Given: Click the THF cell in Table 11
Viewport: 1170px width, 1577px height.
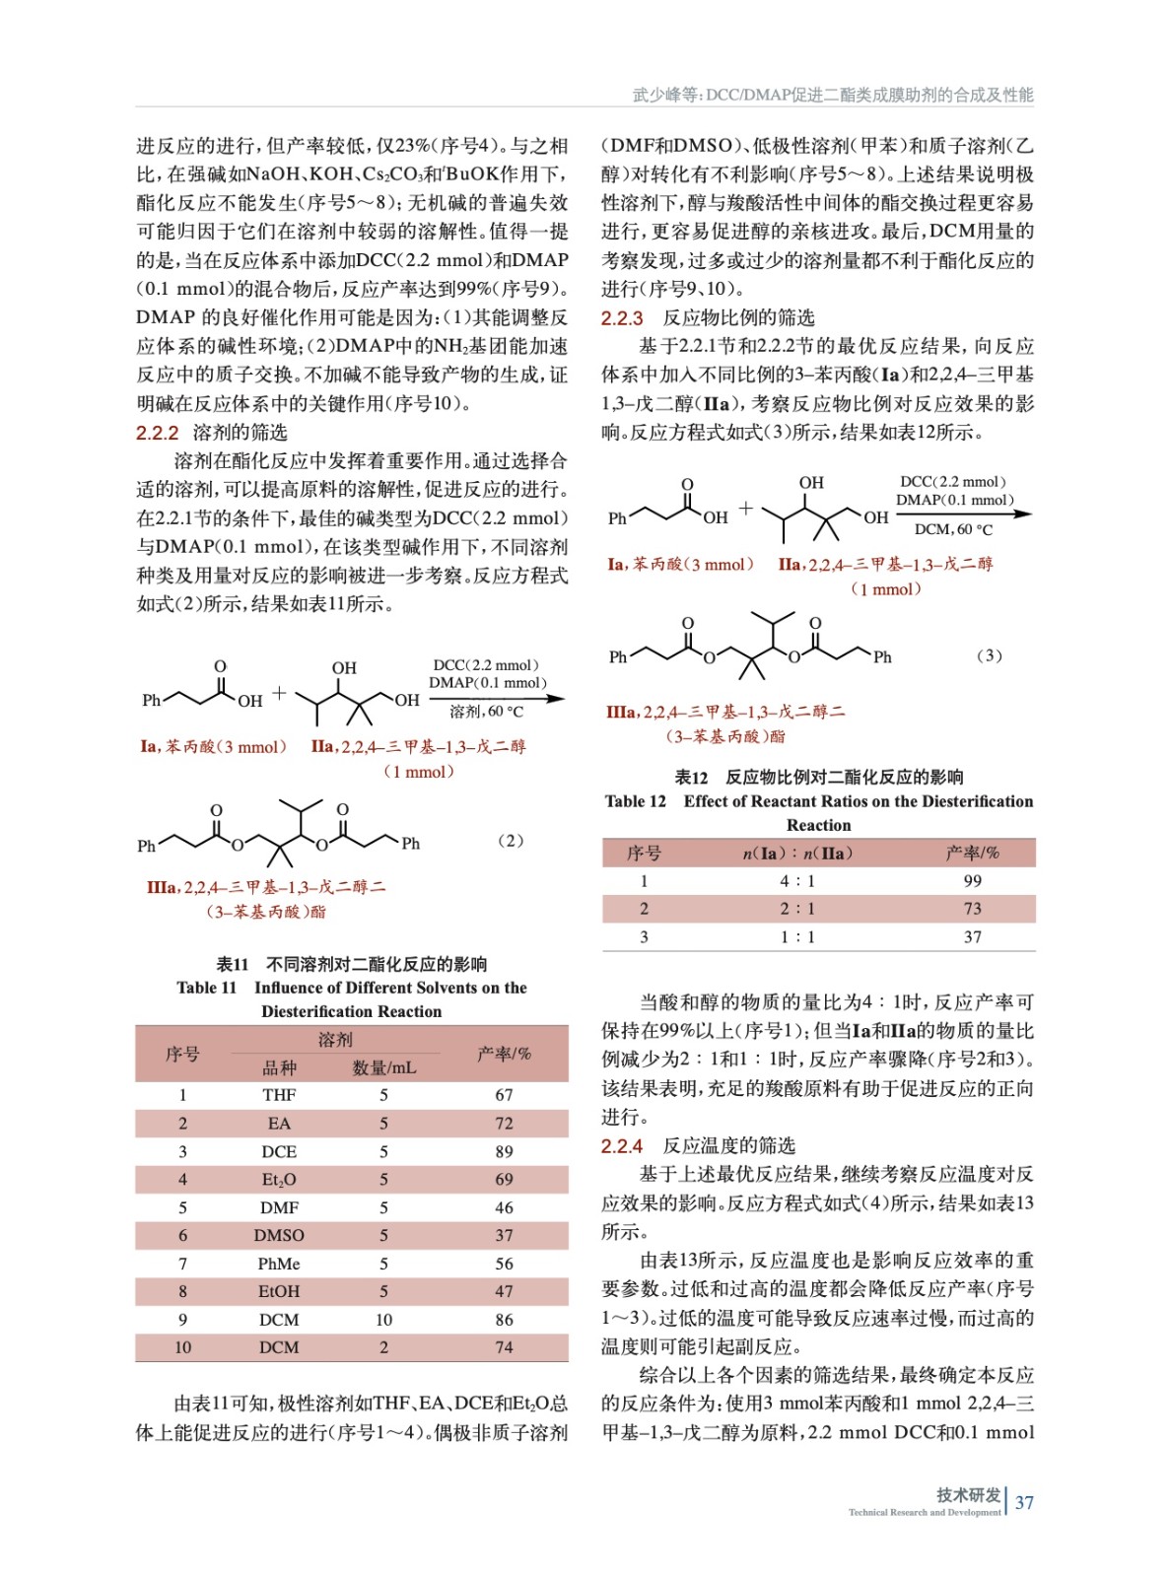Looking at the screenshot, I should (279, 1095).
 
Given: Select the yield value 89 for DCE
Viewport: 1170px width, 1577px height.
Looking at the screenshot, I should (504, 1151).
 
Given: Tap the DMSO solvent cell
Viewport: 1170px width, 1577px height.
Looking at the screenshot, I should (279, 1235).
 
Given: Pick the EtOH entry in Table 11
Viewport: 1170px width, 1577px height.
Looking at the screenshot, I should (279, 1291).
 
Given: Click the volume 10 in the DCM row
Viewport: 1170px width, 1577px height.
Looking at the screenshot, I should (383, 1320).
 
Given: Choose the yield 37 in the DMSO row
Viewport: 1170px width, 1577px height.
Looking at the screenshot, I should (504, 1235).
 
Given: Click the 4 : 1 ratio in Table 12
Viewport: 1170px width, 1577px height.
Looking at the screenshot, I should (797, 881).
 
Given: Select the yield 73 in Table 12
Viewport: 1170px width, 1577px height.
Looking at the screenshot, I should (972, 909).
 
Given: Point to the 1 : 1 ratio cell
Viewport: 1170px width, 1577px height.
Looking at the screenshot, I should (797, 937).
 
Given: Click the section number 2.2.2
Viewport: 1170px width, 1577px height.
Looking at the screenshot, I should (158, 433).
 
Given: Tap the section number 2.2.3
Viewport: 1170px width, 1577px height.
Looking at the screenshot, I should (622, 318).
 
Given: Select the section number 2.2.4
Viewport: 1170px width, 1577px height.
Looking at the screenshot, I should (622, 1146).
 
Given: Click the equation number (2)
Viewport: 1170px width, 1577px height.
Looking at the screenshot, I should (510, 841).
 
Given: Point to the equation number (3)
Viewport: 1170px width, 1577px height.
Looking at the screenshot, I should (989, 655).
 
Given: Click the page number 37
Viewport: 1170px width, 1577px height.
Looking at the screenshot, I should (1024, 1502).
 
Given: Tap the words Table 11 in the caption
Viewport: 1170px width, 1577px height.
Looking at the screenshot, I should (206, 988).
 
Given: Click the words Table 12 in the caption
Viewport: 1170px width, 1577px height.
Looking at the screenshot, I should (635, 801).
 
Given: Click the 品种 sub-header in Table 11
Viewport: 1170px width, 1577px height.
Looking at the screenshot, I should (279, 1067).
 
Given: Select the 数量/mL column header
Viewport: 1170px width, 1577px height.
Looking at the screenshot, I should (383, 1067).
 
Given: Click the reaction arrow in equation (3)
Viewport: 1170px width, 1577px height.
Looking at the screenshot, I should (963, 514).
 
